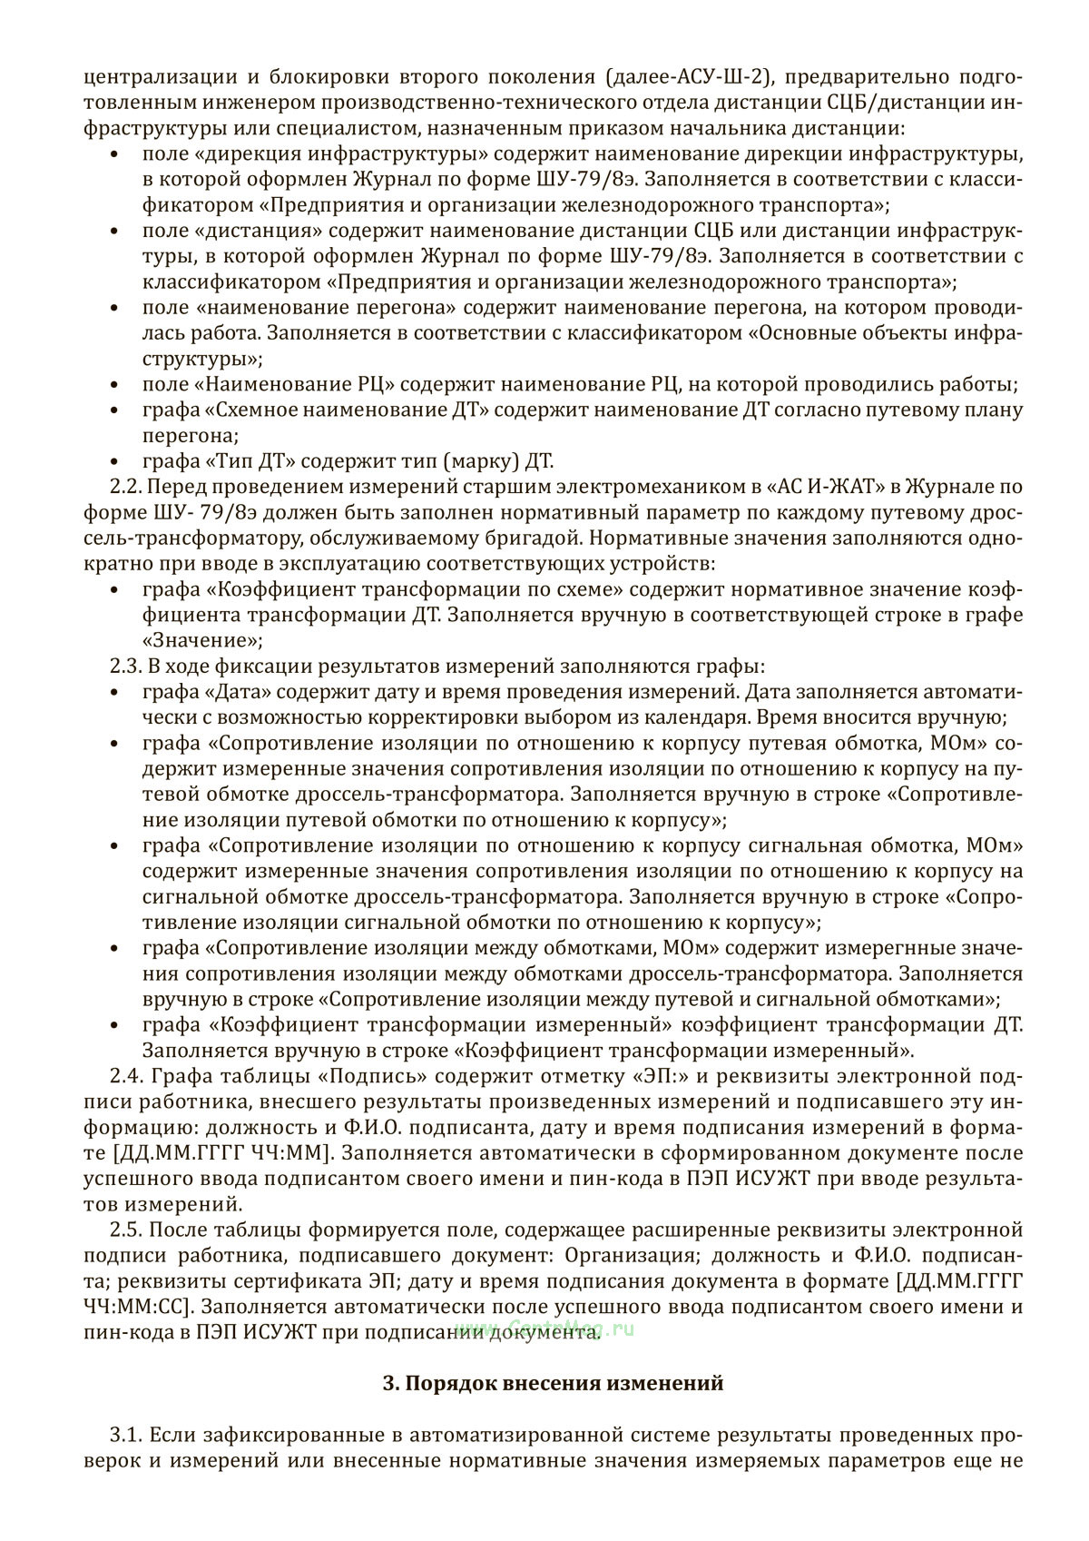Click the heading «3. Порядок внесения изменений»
click(x=554, y=1383)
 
